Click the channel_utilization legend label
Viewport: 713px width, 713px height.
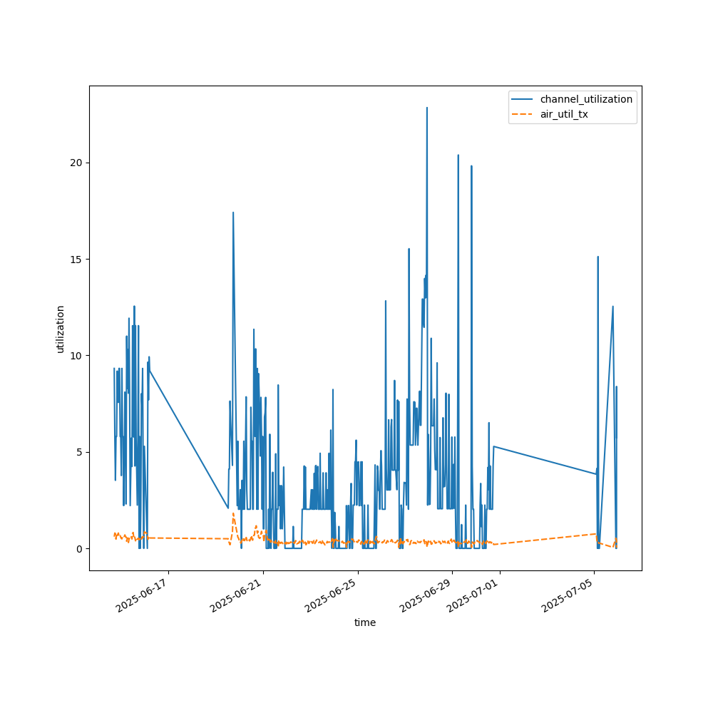(586, 99)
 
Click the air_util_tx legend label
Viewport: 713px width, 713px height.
(564, 114)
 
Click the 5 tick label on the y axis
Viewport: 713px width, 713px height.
(79, 452)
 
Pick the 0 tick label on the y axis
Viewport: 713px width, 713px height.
(79, 548)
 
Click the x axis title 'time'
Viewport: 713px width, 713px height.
(365, 622)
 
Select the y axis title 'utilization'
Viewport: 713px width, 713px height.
(61, 329)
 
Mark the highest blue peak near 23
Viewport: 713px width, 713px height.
(427, 108)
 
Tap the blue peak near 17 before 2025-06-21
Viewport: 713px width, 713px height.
(232, 212)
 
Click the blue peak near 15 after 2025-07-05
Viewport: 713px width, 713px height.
(597, 257)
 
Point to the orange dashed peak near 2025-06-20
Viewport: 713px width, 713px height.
(233, 513)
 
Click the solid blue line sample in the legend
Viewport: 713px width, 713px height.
(523, 99)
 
